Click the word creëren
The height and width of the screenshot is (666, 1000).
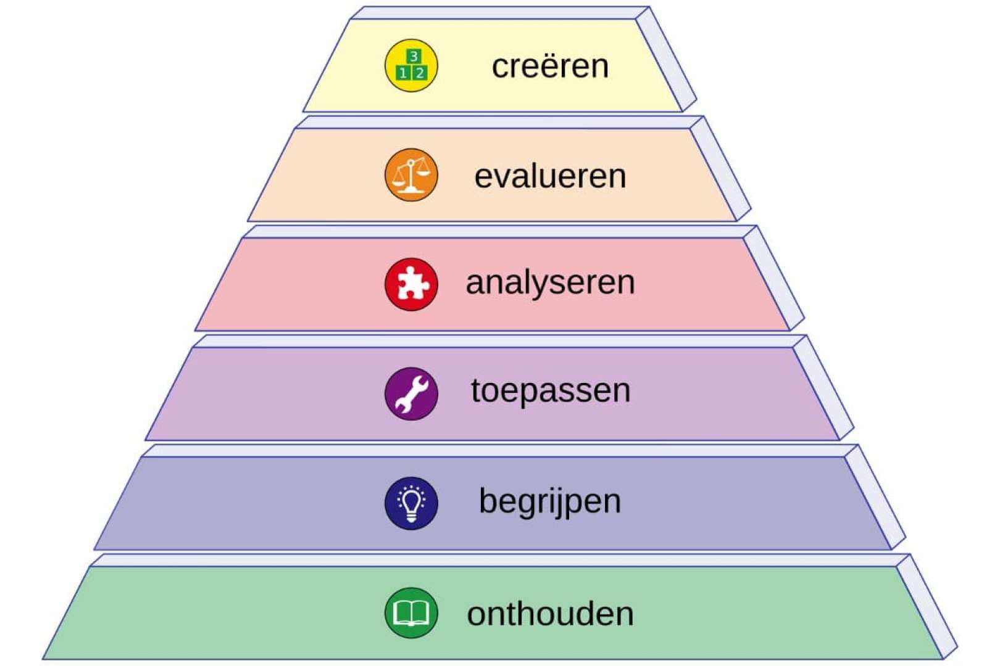[x=550, y=67]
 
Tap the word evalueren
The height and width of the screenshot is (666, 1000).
[x=550, y=176]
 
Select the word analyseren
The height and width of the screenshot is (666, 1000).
[x=550, y=284]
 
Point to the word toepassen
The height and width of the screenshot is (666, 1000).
[x=550, y=391]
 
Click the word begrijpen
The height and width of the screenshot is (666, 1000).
[x=550, y=501]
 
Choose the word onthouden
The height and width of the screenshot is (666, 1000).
[x=550, y=614]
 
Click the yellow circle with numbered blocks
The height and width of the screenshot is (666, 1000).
[x=411, y=65]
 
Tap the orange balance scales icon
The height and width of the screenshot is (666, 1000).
[x=411, y=175]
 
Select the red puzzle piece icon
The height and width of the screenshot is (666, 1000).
[x=411, y=284]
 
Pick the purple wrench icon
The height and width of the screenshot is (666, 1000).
[x=411, y=393]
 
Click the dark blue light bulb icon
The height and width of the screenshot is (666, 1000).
[x=411, y=503]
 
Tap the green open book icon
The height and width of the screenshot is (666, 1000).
[x=411, y=613]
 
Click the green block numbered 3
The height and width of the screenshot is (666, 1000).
[x=414, y=57]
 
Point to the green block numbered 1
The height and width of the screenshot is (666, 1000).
[x=404, y=73]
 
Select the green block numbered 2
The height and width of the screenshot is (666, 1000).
[x=420, y=73]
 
